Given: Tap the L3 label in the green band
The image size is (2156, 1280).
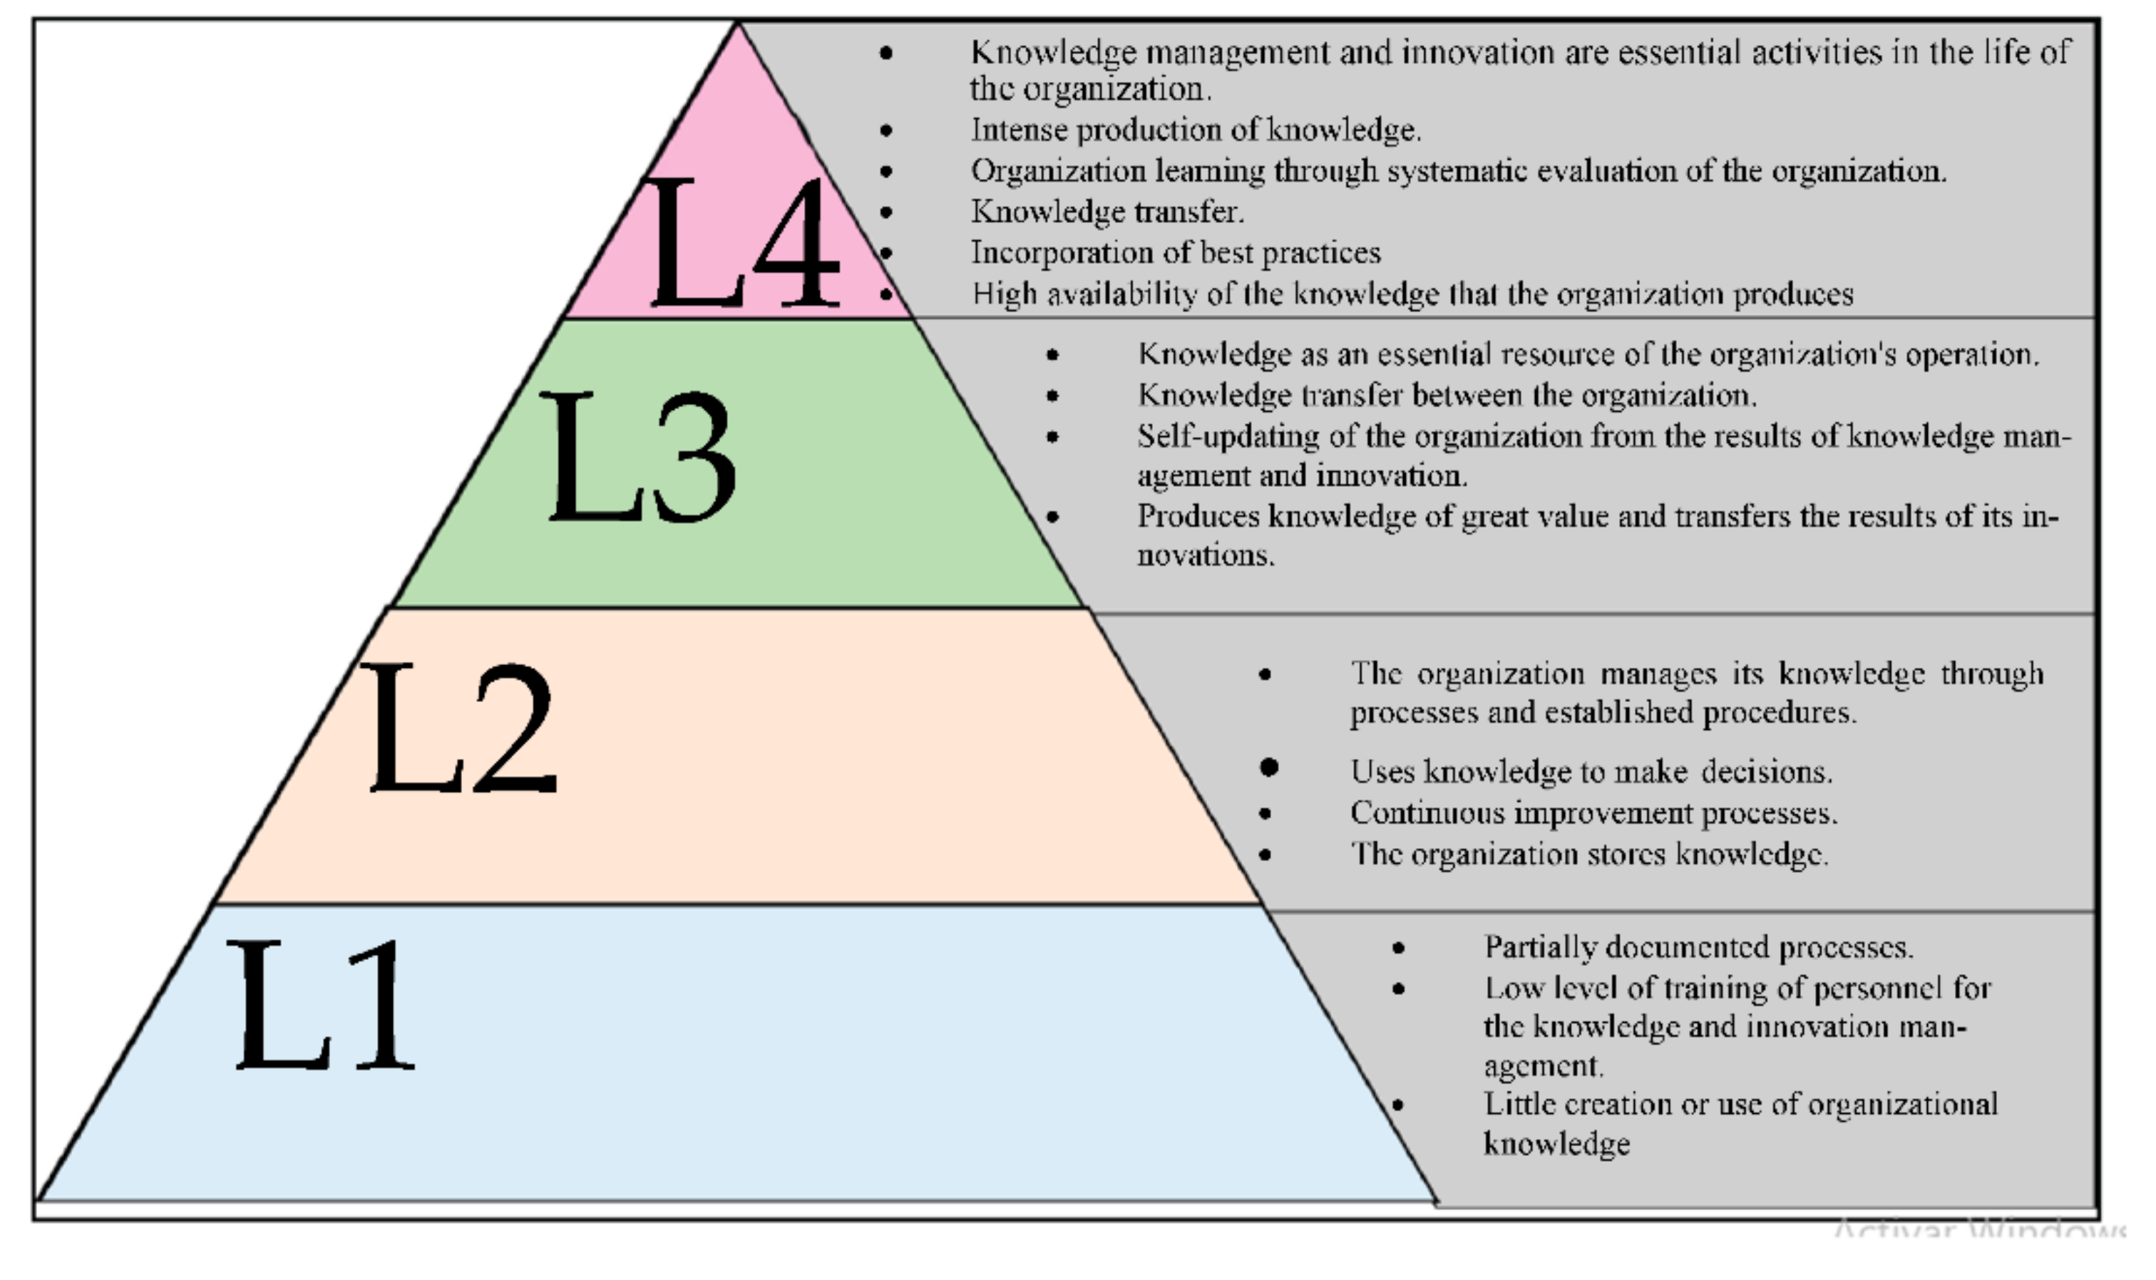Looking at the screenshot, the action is point(640,456).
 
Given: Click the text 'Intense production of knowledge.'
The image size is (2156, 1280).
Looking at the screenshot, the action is point(1196,130).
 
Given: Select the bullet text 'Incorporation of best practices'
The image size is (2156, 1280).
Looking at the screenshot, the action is point(1175,253).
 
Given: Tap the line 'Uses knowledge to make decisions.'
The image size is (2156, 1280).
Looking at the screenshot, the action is point(1591,771).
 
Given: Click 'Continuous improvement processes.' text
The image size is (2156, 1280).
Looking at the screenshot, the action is point(1593,812).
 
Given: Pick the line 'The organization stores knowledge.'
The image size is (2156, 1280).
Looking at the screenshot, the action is point(1589,854).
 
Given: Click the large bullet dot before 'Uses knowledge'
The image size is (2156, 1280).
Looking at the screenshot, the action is point(1268,767).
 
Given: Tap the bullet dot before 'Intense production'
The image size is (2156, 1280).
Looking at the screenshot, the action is point(886,131).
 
